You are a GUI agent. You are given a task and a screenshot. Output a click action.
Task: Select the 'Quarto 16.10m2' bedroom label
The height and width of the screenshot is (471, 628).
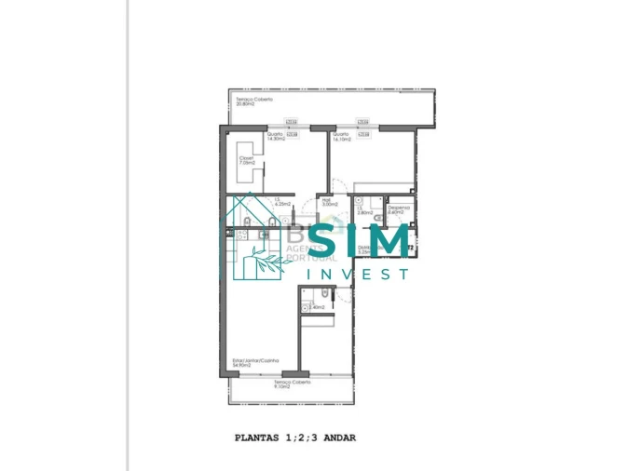click(x=342, y=136)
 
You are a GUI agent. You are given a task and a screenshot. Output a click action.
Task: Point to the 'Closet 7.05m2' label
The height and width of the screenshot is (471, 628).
click(x=246, y=160)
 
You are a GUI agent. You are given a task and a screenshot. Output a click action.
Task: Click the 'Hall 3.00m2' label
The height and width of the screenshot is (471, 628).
click(x=326, y=202)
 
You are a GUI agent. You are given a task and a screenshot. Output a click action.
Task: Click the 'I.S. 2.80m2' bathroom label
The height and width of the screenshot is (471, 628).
click(x=364, y=211)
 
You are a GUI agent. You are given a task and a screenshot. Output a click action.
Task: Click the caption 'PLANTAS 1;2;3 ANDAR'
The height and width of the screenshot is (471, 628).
click(x=294, y=437)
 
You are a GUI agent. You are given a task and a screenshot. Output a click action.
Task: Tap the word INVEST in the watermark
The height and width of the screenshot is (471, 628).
click(x=358, y=274)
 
